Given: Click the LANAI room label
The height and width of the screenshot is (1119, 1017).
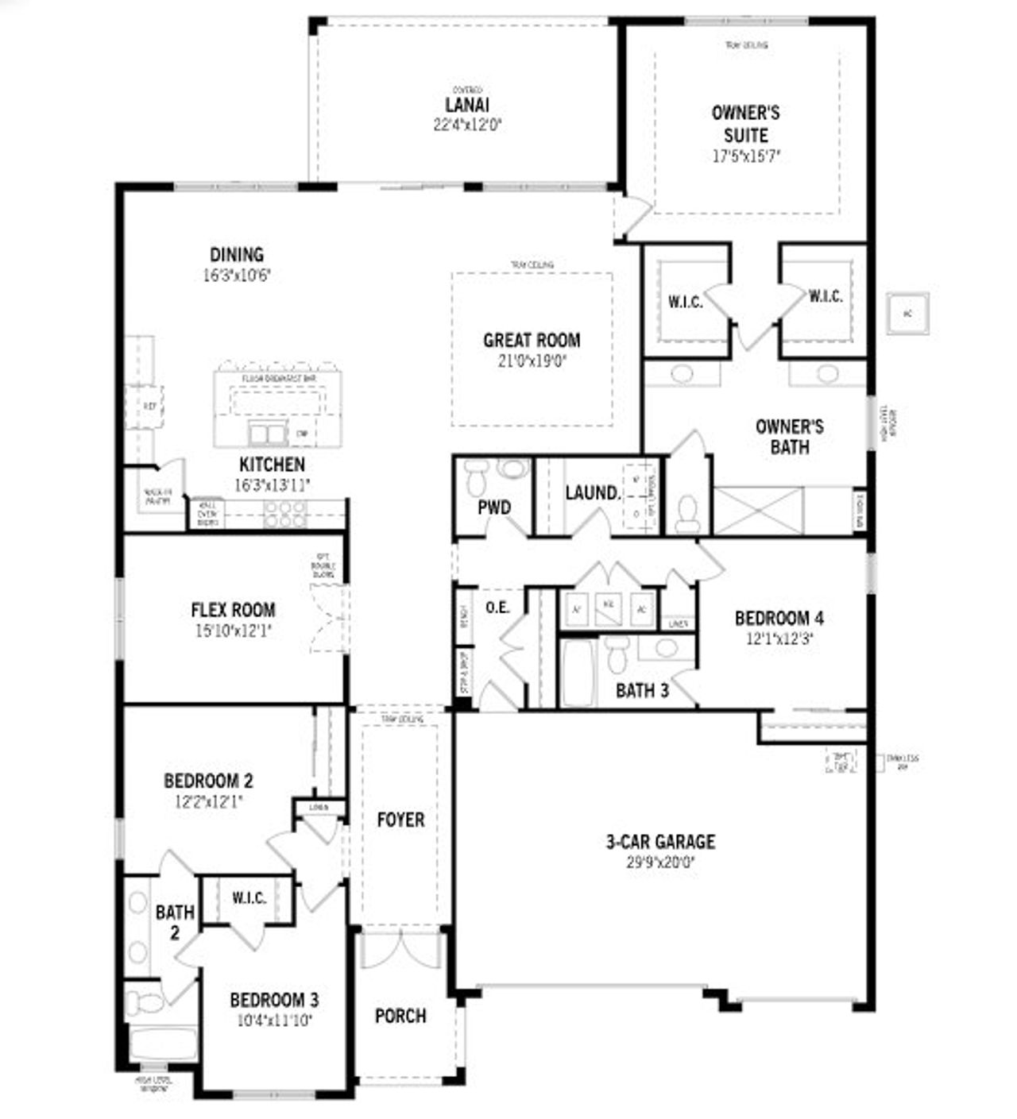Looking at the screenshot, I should click(x=467, y=105).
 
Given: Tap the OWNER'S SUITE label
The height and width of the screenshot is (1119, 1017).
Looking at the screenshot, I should click(x=745, y=124).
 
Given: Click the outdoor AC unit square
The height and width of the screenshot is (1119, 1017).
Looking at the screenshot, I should click(x=907, y=314).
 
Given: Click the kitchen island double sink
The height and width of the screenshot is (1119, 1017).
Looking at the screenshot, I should click(x=268, y=433).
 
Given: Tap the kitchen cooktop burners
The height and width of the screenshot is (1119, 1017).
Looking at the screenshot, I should click(x=285, y=514).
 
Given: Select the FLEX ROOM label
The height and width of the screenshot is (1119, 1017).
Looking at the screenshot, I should click(x=233, y=610).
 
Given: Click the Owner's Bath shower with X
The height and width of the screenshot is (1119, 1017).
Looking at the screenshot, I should click(x=758, y=511).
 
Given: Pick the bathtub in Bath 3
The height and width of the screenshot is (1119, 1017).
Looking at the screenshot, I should click(x=577, y=673).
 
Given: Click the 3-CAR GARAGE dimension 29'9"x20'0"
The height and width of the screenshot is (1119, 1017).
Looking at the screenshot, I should click(x=660, y=861).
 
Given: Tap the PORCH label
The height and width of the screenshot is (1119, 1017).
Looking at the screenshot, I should click(x=400, y=1016).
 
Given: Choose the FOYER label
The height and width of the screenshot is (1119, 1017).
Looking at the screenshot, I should click(x=400, y=820).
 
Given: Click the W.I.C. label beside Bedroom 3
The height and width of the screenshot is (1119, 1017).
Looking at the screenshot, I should click(x=249, y=898).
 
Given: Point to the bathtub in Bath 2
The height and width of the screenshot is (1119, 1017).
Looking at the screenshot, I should click(x=162, y=1044).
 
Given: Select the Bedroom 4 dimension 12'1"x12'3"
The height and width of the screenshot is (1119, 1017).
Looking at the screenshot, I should click(x=779, y=638).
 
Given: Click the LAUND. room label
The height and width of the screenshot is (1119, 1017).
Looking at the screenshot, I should click(x=592, y=493).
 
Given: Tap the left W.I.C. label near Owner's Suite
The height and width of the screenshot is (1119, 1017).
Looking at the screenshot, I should click(x=684, y=302).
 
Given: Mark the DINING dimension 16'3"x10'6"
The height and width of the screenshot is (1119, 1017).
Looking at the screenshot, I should click(x=237, y=276).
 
